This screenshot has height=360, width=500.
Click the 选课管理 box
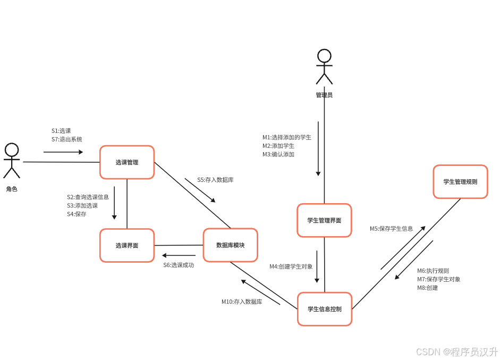click(x=127, y=162)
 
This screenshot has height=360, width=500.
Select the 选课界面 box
click(x=127, y=245)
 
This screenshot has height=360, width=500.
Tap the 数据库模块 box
click(x=230, y=245)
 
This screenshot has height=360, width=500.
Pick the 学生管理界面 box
click(x=324, y=220)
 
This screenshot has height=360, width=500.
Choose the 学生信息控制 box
click(x=324, y=309)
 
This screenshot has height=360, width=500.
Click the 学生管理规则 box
click(x=460, y=181)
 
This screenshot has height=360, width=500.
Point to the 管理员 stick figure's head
click(x=324, y=56)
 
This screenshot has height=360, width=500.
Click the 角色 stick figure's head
click(x=12, y=150)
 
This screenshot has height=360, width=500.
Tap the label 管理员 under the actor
click(x=324, y=95)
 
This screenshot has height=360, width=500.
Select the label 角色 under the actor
click(x=12, y=189)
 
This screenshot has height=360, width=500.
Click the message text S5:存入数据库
click(x=215, y=180)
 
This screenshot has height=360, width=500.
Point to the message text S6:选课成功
click(x=179, y=265)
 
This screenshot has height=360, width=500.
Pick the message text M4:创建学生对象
click(x=291, y=266)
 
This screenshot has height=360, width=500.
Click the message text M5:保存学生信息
click(x=391, y=229)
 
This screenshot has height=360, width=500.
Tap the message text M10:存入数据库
click(x=242, y=302)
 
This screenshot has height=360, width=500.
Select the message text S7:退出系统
click(x=67, y=139)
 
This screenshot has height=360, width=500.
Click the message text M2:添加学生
click(x=278, y=146)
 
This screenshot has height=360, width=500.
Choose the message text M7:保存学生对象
click(x=438, y=279)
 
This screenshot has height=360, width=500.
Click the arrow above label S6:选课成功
click(x=179, y=255)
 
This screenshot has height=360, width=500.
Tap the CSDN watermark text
click(x=456, y=352)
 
